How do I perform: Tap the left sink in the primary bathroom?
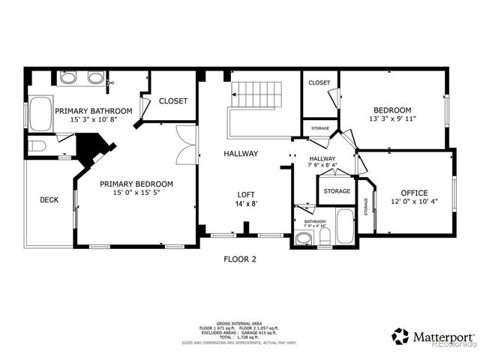tap(68, 77)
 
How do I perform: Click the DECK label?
tap(49, 200)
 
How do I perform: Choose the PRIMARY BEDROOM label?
tap(136, 184)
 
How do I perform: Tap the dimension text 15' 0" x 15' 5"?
tap(136, 193)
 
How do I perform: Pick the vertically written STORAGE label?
tap(366, 204)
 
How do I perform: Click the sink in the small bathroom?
tap(304, 239)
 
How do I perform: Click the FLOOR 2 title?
tap(240, 259)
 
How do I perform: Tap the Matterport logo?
tap(432, 335)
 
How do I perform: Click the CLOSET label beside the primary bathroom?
tap(172, 100)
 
